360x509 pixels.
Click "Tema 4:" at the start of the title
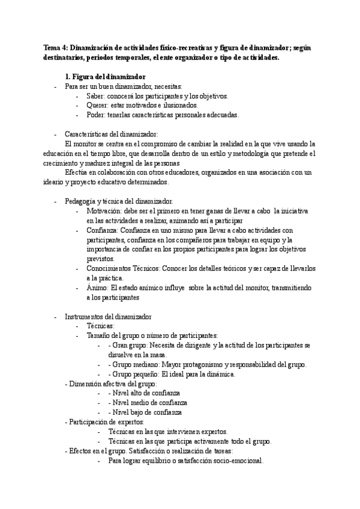57,47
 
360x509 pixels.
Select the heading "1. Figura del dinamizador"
105,77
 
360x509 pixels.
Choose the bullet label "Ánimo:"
98,288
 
